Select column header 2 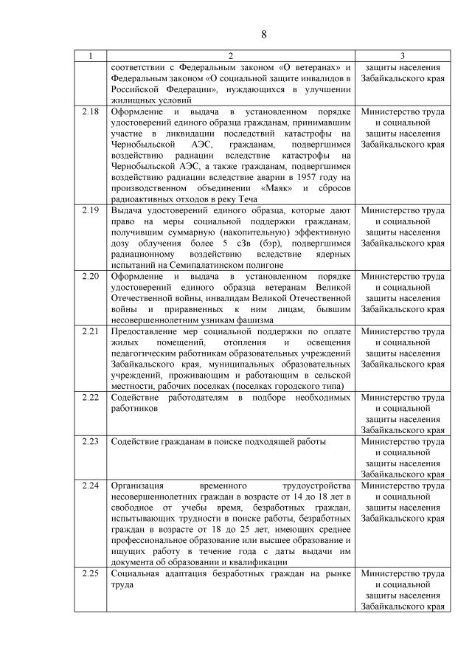click(x=230, y=55)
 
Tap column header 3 click(x=403, y=55)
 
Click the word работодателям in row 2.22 click(x=195, y=398)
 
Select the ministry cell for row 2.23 click(x=403, y=457)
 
